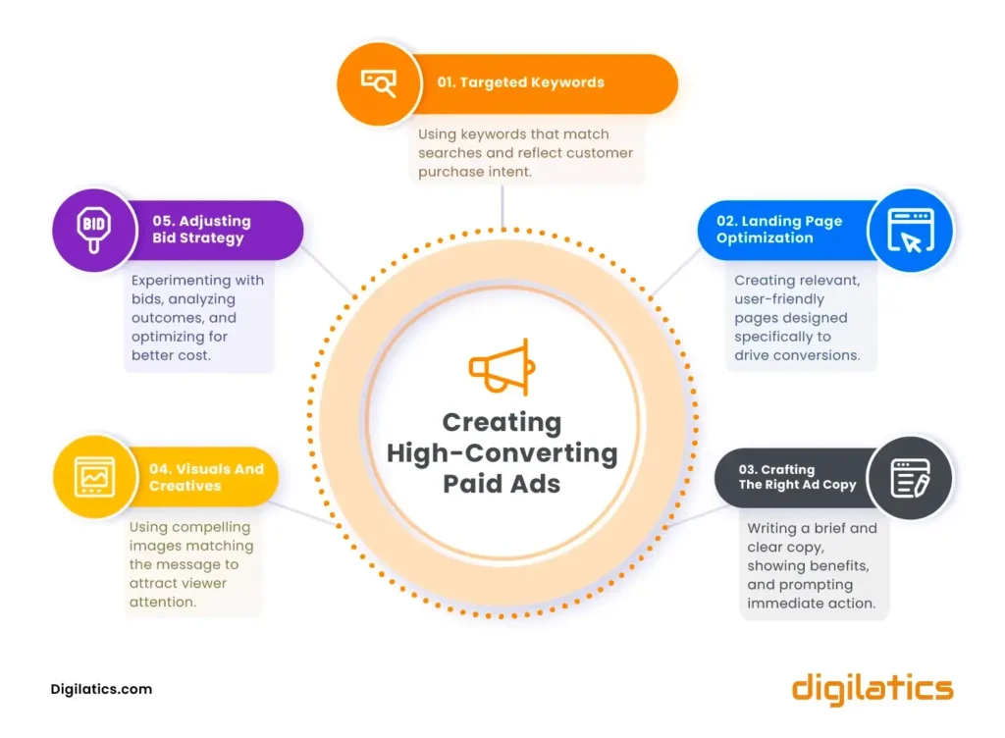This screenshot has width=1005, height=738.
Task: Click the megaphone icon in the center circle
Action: point(502,366)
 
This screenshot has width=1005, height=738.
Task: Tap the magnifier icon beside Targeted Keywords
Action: point(379,83)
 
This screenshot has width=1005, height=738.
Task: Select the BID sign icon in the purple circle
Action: point(94,230)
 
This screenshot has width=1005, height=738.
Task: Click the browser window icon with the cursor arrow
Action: point(910,230)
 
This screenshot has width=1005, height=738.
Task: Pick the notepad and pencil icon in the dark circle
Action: point(910,478)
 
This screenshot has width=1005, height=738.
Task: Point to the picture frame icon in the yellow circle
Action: point(95,477)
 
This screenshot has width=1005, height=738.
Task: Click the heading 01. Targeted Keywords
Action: point(520,82)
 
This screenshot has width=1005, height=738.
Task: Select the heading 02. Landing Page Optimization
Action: point(779,230)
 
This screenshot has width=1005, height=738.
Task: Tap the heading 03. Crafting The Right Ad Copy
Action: point(797,477)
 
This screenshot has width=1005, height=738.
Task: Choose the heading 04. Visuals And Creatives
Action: point(206,477)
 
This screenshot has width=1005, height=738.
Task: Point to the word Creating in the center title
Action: point(502,422)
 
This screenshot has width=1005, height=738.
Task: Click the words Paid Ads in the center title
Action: point(502,484)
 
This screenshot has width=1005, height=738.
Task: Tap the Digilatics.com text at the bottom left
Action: point(101,689)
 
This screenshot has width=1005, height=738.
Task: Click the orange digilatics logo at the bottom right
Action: point(873,689)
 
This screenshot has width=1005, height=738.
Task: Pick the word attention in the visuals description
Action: point(163,603)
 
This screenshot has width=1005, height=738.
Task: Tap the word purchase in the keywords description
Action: point(448,173)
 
